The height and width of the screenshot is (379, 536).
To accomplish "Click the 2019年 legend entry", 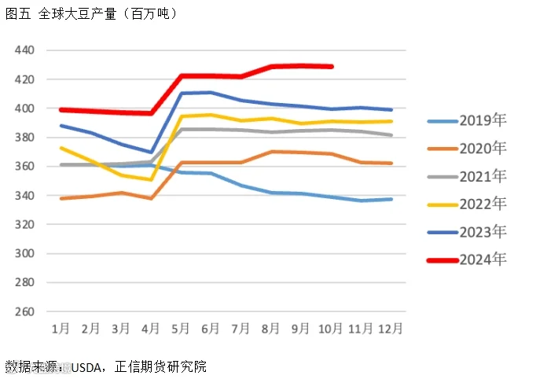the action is [467, 120].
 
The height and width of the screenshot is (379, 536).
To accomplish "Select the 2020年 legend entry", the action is [467, 149].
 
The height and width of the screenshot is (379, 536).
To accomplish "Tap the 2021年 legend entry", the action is [467, 176].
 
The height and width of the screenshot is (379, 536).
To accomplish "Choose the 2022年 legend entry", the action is [467, 204].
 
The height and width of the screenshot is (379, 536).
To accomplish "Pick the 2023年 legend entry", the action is [467, 232].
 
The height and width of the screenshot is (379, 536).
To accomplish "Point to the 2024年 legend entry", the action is [467, 260].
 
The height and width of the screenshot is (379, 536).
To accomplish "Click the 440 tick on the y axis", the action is [24, 50].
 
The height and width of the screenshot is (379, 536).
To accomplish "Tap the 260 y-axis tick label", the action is [24, 311].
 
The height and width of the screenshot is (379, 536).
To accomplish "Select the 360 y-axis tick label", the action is [24, 166].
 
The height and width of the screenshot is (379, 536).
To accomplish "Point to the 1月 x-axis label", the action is [61, 329].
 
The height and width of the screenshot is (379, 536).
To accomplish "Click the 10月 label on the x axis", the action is [330, 329].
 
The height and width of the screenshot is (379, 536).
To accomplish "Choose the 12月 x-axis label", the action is [391, 329].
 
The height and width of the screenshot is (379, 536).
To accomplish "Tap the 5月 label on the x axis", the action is [181, 329].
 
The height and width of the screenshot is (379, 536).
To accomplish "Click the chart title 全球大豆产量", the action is [78, 14].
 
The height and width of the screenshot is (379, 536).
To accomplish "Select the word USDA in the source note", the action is [86, 367].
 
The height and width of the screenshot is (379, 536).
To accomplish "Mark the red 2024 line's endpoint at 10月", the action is [331, 67].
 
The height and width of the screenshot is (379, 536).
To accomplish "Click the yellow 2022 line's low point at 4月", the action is [151, 179].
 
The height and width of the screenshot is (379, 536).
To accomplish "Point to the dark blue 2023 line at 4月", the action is [151, 153].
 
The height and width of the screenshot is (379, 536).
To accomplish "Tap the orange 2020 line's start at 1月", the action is [61, 198].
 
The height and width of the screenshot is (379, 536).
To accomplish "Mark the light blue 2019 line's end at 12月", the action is [391, 199].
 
